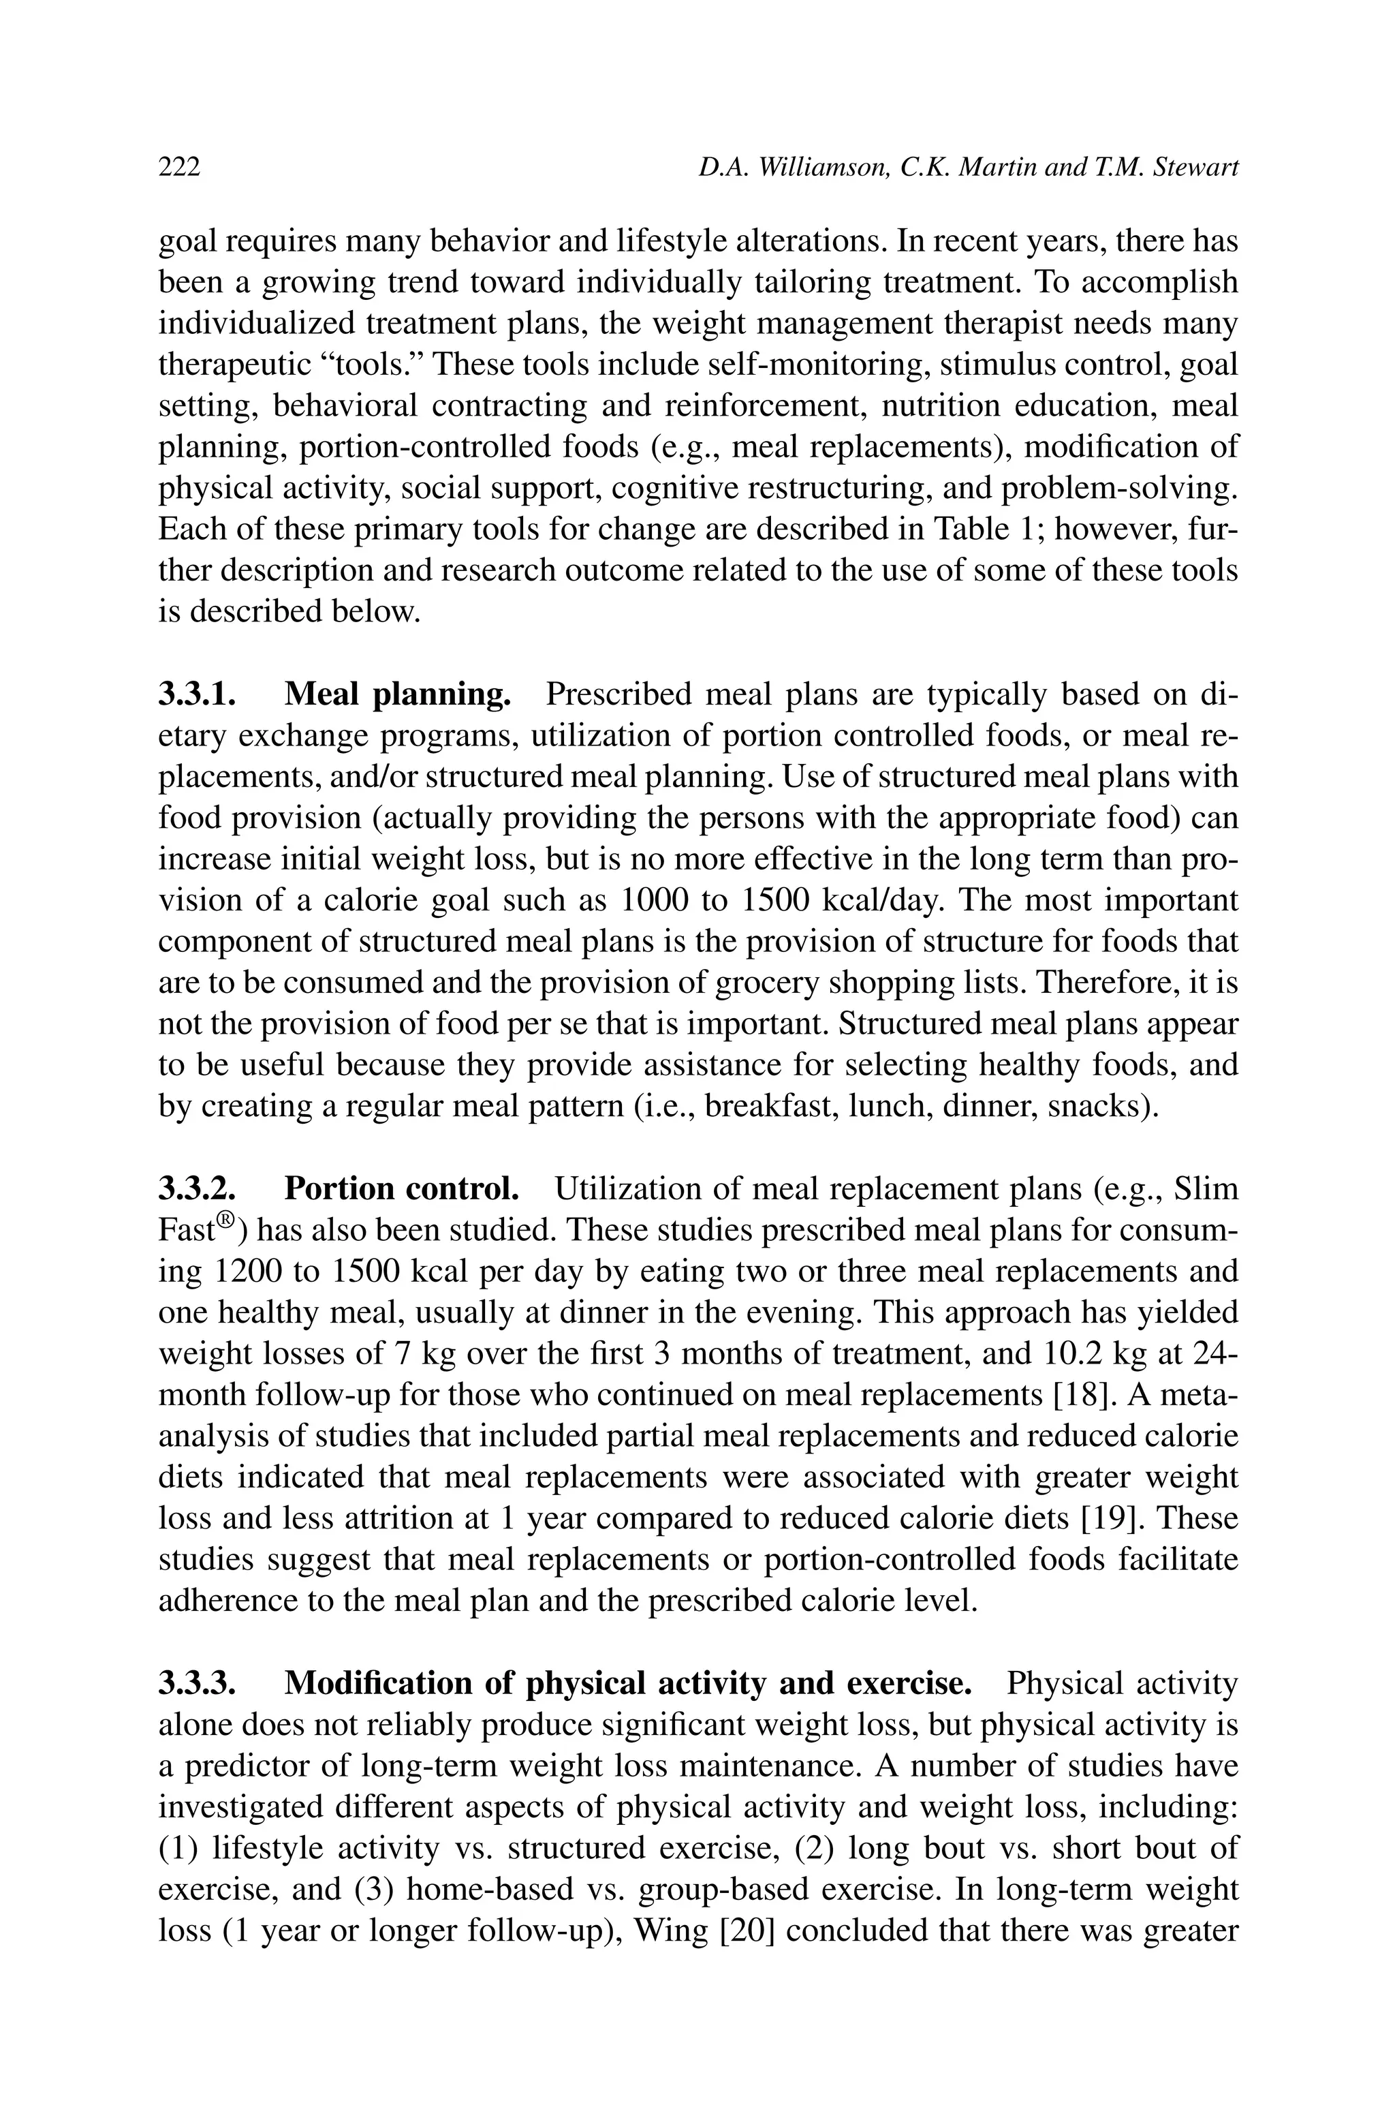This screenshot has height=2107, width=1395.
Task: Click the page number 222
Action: pyautogui.click(x=179, y=167)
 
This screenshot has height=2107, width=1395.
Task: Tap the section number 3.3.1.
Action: pyautogui.click(x=197, y=694)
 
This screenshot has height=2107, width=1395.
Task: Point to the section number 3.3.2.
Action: pyautogui.click(x=197, y=1188)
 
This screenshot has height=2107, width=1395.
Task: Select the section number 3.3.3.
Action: pyautogui.click(x=197, y=1683)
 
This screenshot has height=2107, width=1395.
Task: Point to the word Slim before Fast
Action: pyautogui.click(x=1206, y=1188)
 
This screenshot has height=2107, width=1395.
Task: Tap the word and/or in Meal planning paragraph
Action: pyautogui.click(x=372, y=777)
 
